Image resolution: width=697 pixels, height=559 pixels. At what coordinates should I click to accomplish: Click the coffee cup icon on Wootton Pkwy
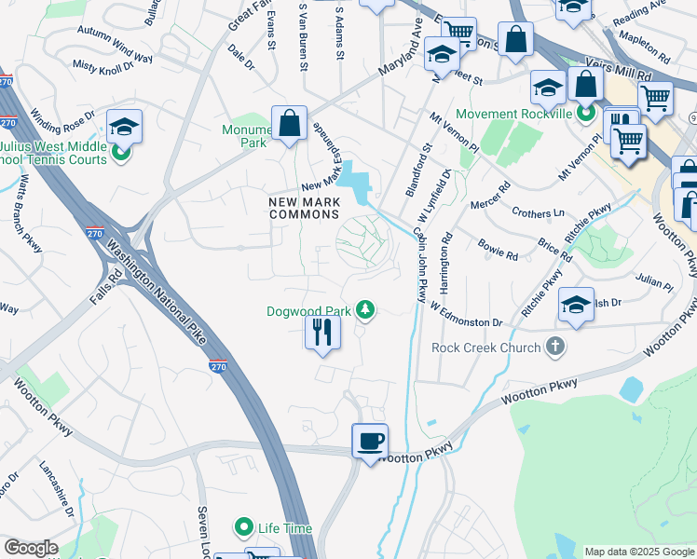point(371,441)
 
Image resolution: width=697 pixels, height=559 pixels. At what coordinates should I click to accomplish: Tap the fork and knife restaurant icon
point(322,332)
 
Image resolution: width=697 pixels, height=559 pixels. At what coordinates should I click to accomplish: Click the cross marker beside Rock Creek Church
point(554,348)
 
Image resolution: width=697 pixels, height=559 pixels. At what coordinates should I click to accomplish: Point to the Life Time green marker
point(244,528)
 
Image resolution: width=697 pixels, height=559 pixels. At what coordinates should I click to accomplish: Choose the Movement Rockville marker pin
point(585,115)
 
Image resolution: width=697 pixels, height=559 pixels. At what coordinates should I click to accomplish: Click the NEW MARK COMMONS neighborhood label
point(304,208)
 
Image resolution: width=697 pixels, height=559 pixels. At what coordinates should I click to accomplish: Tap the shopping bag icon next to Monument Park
point(289,122)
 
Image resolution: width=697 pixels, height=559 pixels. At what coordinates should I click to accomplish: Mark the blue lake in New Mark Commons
point(355,184)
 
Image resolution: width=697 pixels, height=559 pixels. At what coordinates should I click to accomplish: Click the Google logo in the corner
point(31,548)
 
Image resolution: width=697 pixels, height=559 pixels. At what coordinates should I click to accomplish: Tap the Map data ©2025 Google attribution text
point(638,552)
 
